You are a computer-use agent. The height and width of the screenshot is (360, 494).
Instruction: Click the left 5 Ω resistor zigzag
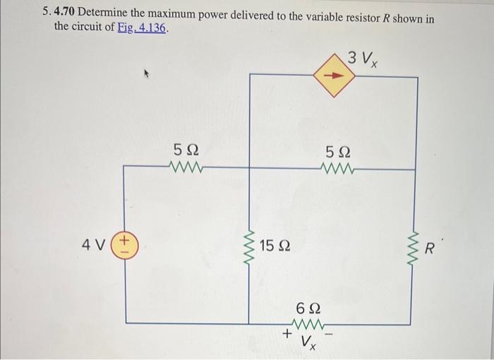(186, 167)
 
